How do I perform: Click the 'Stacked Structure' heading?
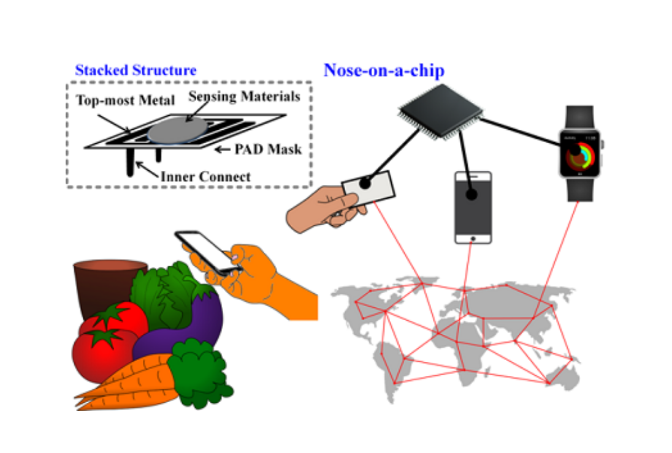pyautogui.click(x=136, y=70)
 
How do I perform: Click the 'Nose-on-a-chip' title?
pyautogui.click(x=384, y=70)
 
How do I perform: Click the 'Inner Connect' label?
pyautogui.click(x=205, y=177)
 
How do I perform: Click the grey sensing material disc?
pyautogui.click(x=178, y=130)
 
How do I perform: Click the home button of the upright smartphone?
pyautogui.click(x=473, y=238)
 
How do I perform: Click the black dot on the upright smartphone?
pyautogui.click(x=472, y=195)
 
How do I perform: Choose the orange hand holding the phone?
pyautogui.click(x=270, y=282)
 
